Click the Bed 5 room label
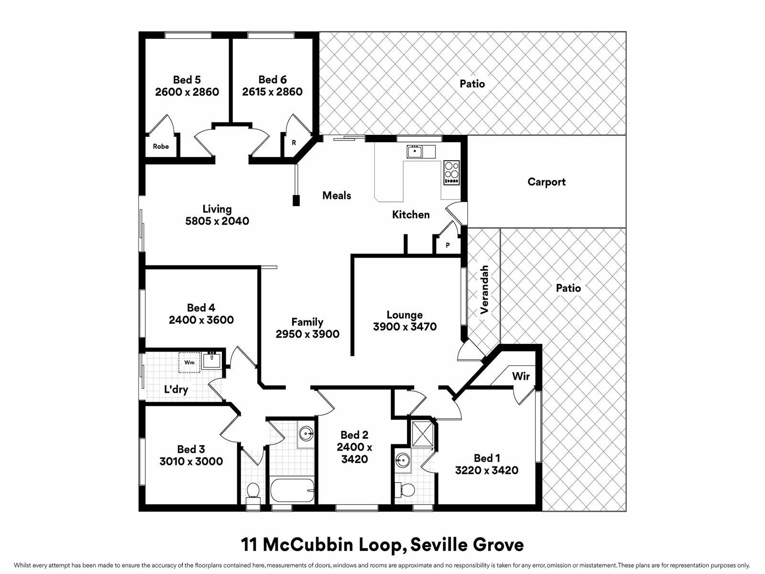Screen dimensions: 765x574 coord(187,80)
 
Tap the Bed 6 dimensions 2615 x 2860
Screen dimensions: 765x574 coord(272,92)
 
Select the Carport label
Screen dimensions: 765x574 coord(546,182)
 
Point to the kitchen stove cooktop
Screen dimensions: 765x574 coord(452,173)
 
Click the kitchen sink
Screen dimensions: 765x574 coord(415,152)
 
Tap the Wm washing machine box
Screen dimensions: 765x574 coord(189,363)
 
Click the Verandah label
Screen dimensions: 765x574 coord(484,290)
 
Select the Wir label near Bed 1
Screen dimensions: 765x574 coord(521,376)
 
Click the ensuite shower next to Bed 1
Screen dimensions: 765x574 coord(423,434)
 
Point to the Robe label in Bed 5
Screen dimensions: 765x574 coord(161,147)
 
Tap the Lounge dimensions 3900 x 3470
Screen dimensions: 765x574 coord(404,327)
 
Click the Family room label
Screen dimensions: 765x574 coord(307,321)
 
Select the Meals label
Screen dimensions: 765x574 coord(336,196)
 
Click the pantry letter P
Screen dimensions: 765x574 coord(448,245)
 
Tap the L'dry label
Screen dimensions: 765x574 coord(176,389)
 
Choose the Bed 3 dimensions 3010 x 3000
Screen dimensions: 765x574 coord(191,462)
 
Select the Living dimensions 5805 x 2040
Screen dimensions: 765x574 coord(217,221)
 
